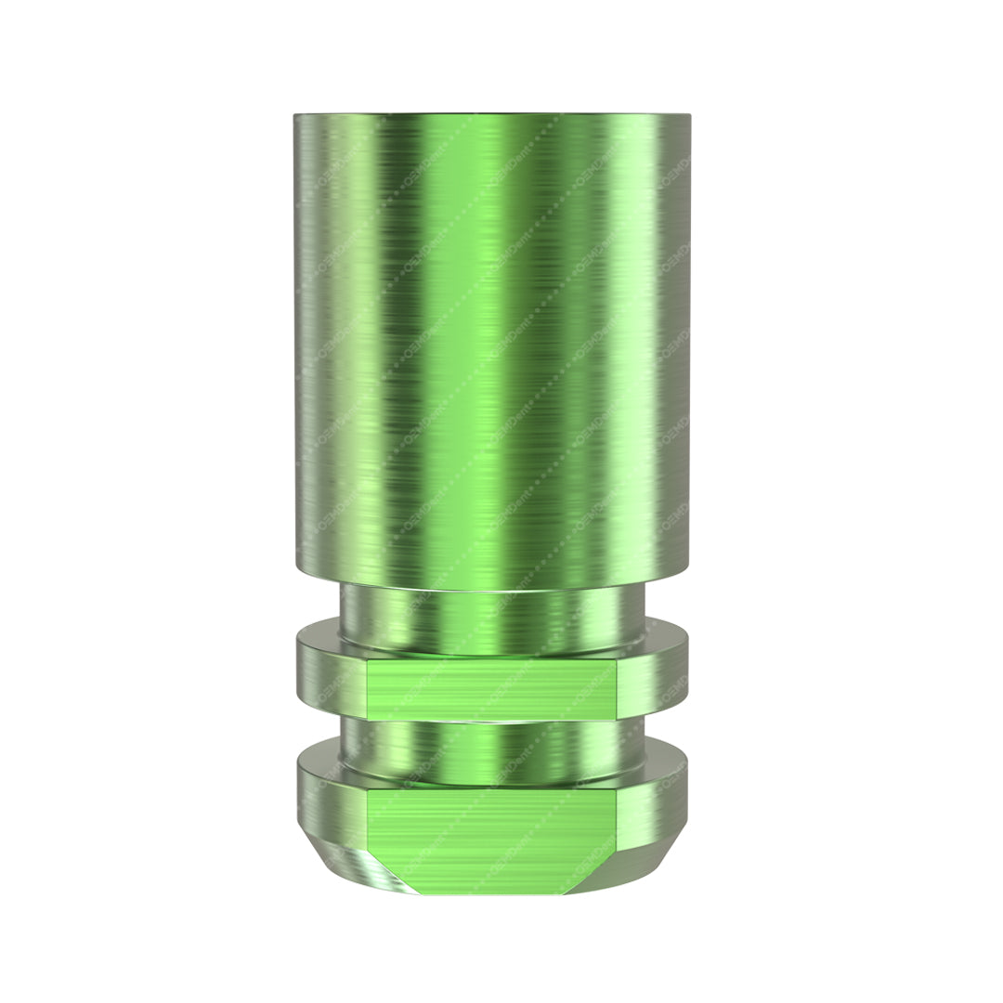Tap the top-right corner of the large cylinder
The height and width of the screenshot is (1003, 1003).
coord(688,117)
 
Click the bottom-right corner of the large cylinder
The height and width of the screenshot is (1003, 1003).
coord(686,568)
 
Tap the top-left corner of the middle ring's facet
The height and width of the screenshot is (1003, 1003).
coord(369,661)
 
